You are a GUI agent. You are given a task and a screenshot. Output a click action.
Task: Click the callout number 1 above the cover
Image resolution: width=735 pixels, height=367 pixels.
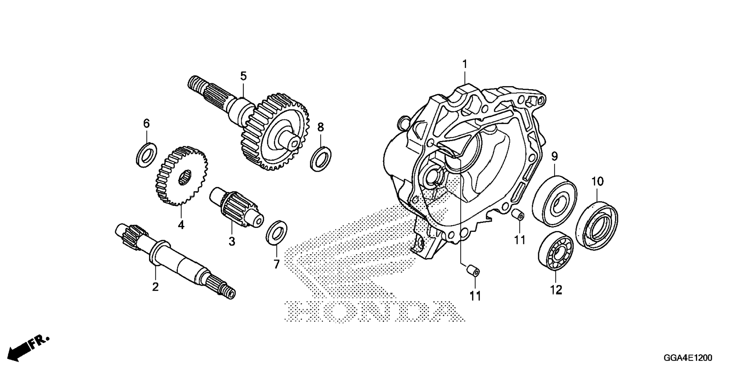464,64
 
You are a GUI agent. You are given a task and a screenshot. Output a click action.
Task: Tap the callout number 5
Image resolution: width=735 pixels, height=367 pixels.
243,76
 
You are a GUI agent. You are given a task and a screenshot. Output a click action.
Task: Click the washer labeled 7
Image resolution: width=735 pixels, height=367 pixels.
276,232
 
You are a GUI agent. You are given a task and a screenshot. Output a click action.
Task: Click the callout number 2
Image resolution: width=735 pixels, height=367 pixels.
155,287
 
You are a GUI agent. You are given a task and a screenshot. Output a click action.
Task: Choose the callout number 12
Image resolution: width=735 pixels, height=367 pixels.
556,290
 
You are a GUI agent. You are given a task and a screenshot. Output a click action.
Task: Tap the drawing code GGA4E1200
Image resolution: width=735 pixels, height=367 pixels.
687,358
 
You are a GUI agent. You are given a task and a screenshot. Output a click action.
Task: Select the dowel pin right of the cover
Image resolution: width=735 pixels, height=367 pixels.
518,215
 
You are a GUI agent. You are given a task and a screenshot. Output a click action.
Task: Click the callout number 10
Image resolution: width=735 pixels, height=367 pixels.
597,182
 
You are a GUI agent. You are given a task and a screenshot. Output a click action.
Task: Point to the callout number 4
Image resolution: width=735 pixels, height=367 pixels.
181,225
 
